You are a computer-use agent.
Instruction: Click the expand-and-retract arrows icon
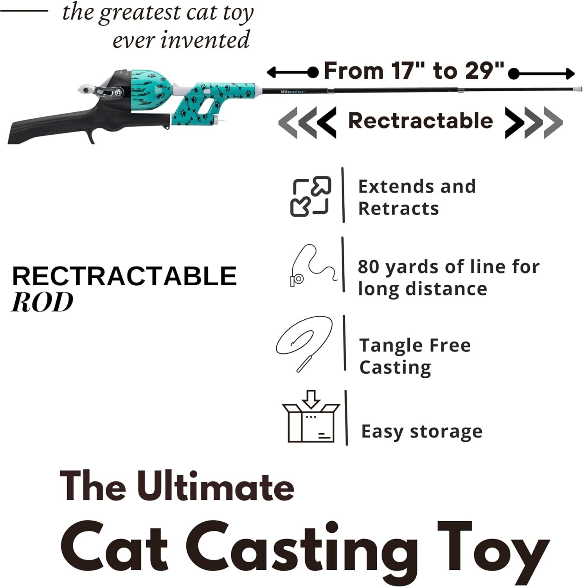(311, 196)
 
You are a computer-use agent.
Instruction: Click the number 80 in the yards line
(369, 266)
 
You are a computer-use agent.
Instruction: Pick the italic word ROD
(42, 302)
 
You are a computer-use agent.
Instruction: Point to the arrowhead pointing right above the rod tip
(570, 74)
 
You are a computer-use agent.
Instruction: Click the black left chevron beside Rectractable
(326, 122)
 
